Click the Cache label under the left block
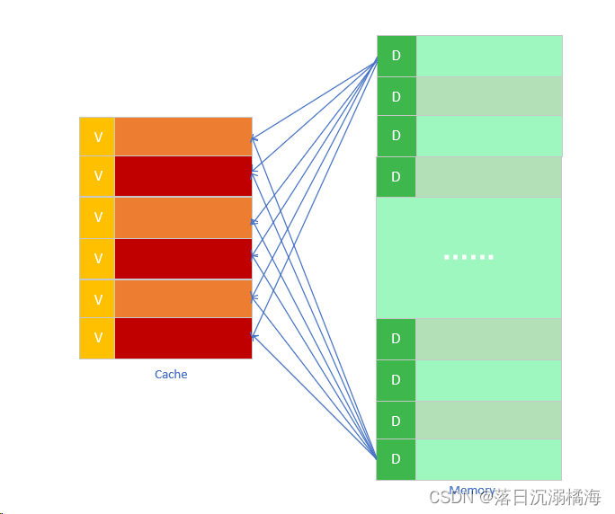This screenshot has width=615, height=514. pyautogui.click(x=171, y=375)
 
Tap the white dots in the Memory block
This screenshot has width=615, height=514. pyautogui.click(x=468, y=257)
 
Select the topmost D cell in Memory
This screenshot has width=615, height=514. pyautogui.click(x=397, y=56)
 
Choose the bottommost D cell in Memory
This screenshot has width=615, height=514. pyautogui.click(x=396, y=459)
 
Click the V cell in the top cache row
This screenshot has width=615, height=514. pyautogui.click(x=98, y=137)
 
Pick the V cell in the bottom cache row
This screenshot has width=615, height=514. pyautogui.click(x=98, y=339)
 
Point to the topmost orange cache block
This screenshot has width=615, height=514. pyautogui.click(x=183, y=137)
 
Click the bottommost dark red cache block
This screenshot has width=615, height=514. pyautogui.click(x=183, y=339)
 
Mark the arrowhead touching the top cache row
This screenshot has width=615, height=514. pyautogui.click(x=254, y=138)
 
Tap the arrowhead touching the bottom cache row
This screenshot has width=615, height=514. pyautogui.click(x=254, y=337)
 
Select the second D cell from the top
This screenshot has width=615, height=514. pyautogui.click(x=397, y=96)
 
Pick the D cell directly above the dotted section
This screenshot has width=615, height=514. pyautogui.click(x=396, y=177)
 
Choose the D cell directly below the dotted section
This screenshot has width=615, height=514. pyautogui.click(x=396, y=339)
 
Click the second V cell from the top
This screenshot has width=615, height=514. pyautogui.click(x=98, y=176)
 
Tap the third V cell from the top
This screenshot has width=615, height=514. pyautogui.click(x=98, y=217)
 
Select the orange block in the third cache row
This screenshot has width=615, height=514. pyautogui.click(x=183, y=217)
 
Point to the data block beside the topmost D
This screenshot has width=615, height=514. pyautogui.click(x=489, y=56)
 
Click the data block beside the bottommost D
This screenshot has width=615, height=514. pyautogui.click(x=488, y=459)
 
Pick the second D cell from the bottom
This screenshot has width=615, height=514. pyautogui.click(x=396, y=420)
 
